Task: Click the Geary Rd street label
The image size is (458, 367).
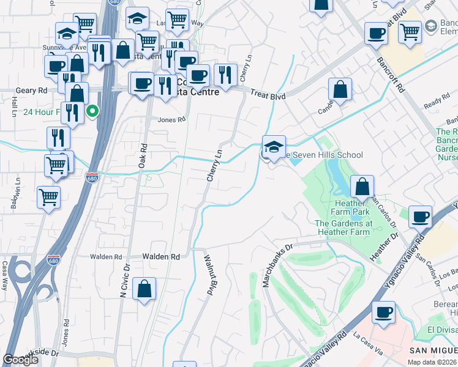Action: coord(33,90)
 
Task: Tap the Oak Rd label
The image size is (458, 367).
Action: coord(143,157)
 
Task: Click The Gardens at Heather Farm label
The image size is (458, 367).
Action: coord(343,228)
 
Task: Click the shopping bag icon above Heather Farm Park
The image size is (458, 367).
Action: coord(362,186)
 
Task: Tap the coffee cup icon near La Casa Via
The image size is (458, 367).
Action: coord(384,312)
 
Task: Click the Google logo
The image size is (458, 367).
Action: coord(21,360)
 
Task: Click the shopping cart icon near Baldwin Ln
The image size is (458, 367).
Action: coord(48,197)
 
